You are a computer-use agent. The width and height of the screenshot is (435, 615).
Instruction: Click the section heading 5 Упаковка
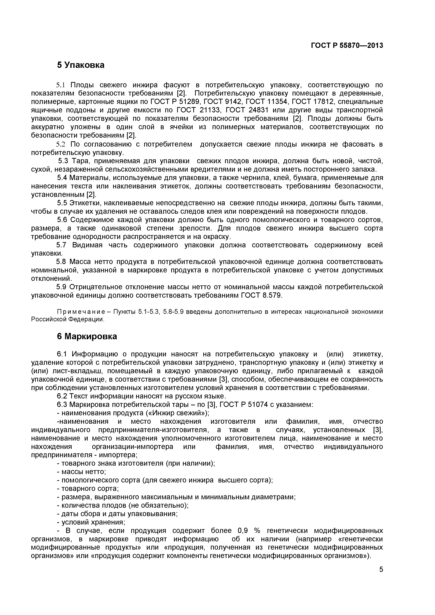pos(81,65)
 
